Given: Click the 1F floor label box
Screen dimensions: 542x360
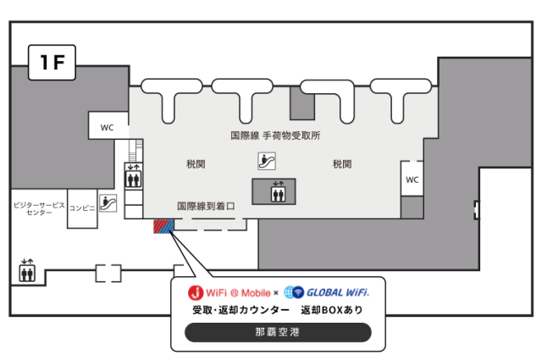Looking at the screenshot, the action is pos(52,62).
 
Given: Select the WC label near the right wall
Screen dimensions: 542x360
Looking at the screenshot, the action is pos(412,180).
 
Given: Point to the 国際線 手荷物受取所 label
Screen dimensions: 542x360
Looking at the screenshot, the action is pos(275,136).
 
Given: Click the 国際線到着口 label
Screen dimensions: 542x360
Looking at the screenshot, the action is pos(206,206).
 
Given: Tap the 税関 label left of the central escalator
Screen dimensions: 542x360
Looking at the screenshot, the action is pos(196,164).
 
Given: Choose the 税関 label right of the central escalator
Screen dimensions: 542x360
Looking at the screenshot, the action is pos(342,164).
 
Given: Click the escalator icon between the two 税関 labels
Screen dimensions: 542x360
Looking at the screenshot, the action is pos(267,161).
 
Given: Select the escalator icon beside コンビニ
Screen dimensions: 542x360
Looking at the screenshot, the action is pos(108,203).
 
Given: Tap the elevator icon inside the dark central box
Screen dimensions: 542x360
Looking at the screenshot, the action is pos(279,191).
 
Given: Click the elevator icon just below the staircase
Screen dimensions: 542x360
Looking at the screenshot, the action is pos(133,176).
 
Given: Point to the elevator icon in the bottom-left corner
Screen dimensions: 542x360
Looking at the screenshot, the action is pos(27,270).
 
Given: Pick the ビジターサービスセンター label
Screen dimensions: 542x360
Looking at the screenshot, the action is pos(39,208).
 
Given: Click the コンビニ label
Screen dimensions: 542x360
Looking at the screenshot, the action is pos(82,208).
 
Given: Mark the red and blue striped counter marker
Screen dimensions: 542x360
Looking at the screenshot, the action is pos(163,226).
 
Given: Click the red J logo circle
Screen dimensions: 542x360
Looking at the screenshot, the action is pos(196,293).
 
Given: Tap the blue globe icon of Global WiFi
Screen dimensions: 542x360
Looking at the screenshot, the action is pos(294,292).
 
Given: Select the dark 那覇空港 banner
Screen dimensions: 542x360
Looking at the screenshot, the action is pos(278,332).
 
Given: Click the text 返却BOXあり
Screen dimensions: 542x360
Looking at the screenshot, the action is pos(332,310).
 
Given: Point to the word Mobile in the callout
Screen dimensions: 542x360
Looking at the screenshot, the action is pos(256,293).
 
